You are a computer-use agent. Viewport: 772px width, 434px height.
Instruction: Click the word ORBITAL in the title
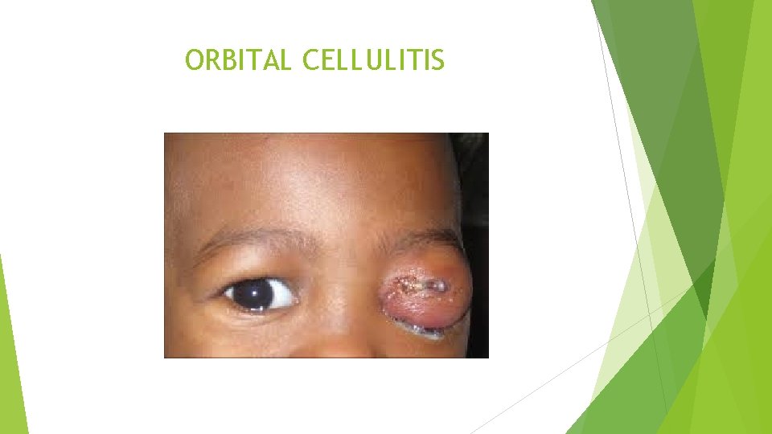click(x=238, y=59)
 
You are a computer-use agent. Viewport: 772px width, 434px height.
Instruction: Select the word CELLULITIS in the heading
click(x=373, y=59)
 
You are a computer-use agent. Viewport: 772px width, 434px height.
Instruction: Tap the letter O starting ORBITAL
click(x=194, y=59)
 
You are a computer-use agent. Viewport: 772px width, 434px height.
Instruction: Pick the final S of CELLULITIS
click(x=437, y=59)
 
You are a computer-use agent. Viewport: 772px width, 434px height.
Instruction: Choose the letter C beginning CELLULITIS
click(x=311, y=59)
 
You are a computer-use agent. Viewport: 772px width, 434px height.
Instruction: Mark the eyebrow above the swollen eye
click(x=426, y=238)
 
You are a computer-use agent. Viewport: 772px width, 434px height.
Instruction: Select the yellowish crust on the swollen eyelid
click(x=417, y=284)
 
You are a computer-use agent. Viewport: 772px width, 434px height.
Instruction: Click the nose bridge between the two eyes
click(x=338, y=289)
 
